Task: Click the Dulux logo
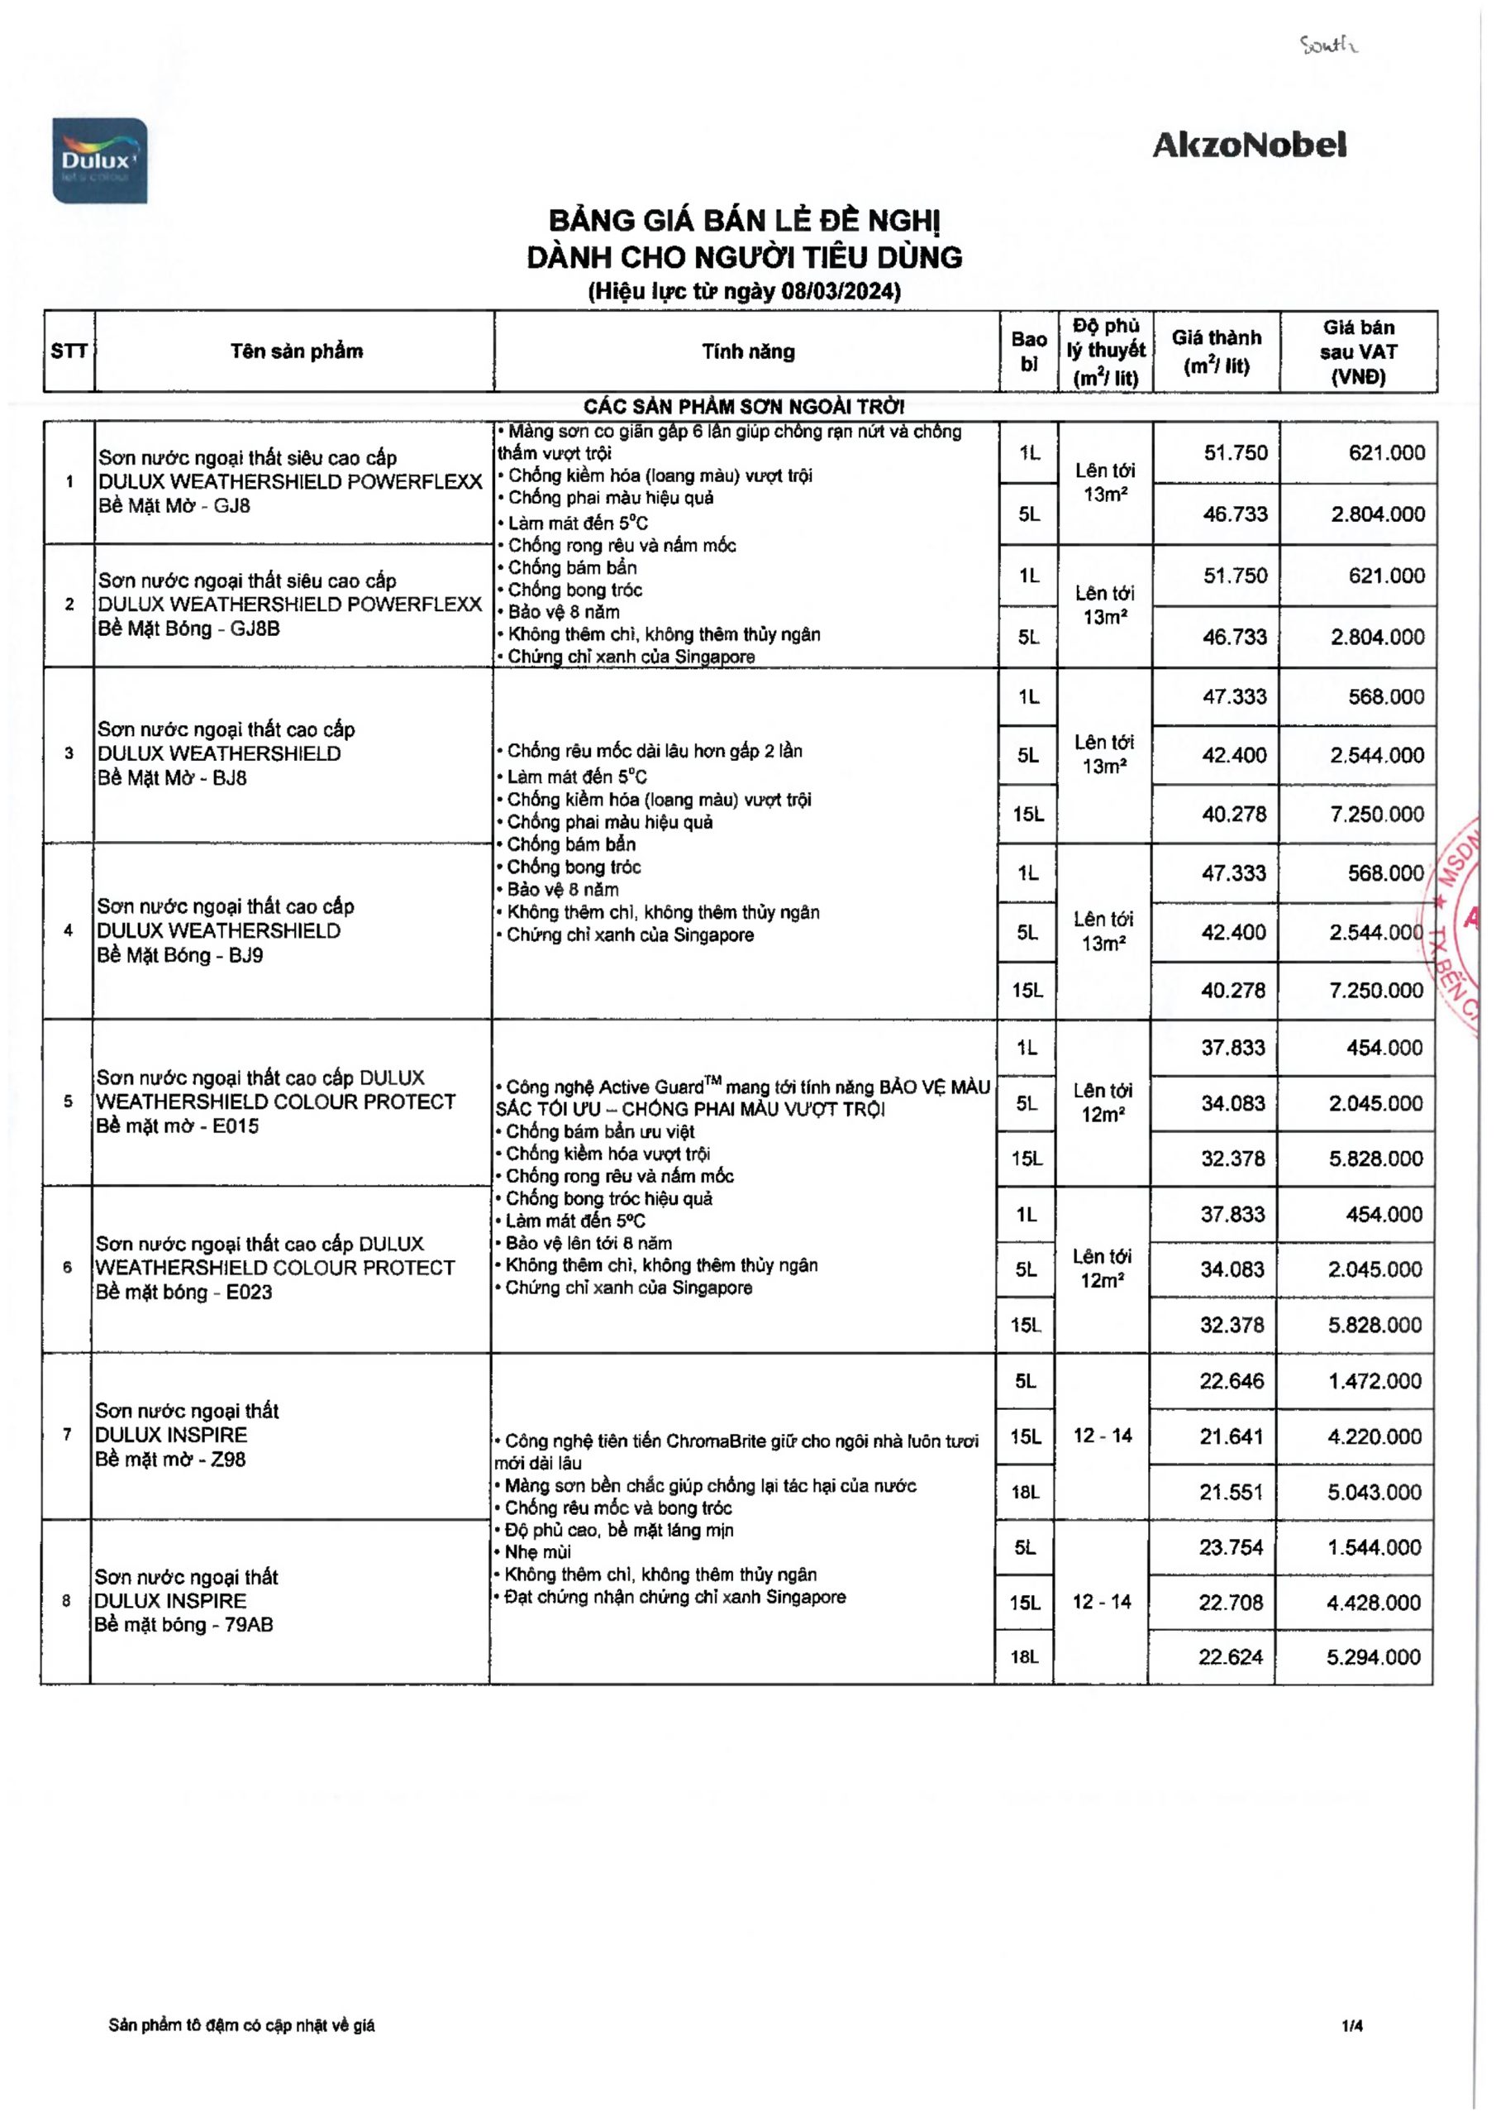[x=99, y=160]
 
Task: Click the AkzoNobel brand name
[x=1249, y=145]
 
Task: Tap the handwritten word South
[x=1328, y=45]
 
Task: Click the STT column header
[x=69, y=351]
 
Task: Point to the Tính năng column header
[x=747, y=351]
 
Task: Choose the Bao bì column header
[x=1029, y=351]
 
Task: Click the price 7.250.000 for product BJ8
[x=1377, y=815]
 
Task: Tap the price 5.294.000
[x=1374, y=1657]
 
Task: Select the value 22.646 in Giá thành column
[x=1232, y=1380]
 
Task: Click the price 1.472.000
[x=1375, y=1380]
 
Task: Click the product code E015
[x=235, y=1125]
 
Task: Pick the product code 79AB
[x=249, y=1625]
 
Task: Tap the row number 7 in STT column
[x=66, y=1435]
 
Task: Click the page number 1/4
[x=1352, y=2026]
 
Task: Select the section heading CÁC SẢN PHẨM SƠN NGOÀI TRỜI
[x=744, y=407]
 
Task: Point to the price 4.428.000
[x=1374, y=1603]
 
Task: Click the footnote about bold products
[x=241, y=2026]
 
